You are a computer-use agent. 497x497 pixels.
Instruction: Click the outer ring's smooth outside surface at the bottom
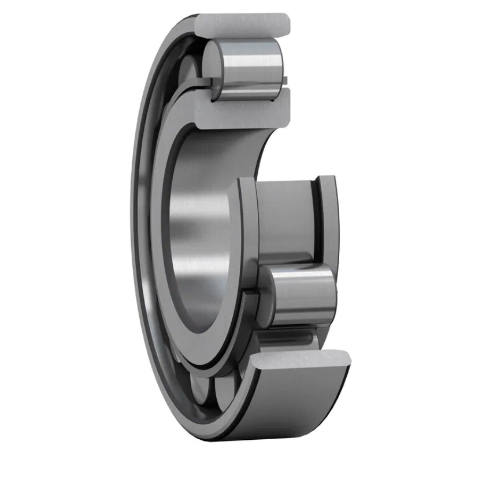(x=301, y=405)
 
